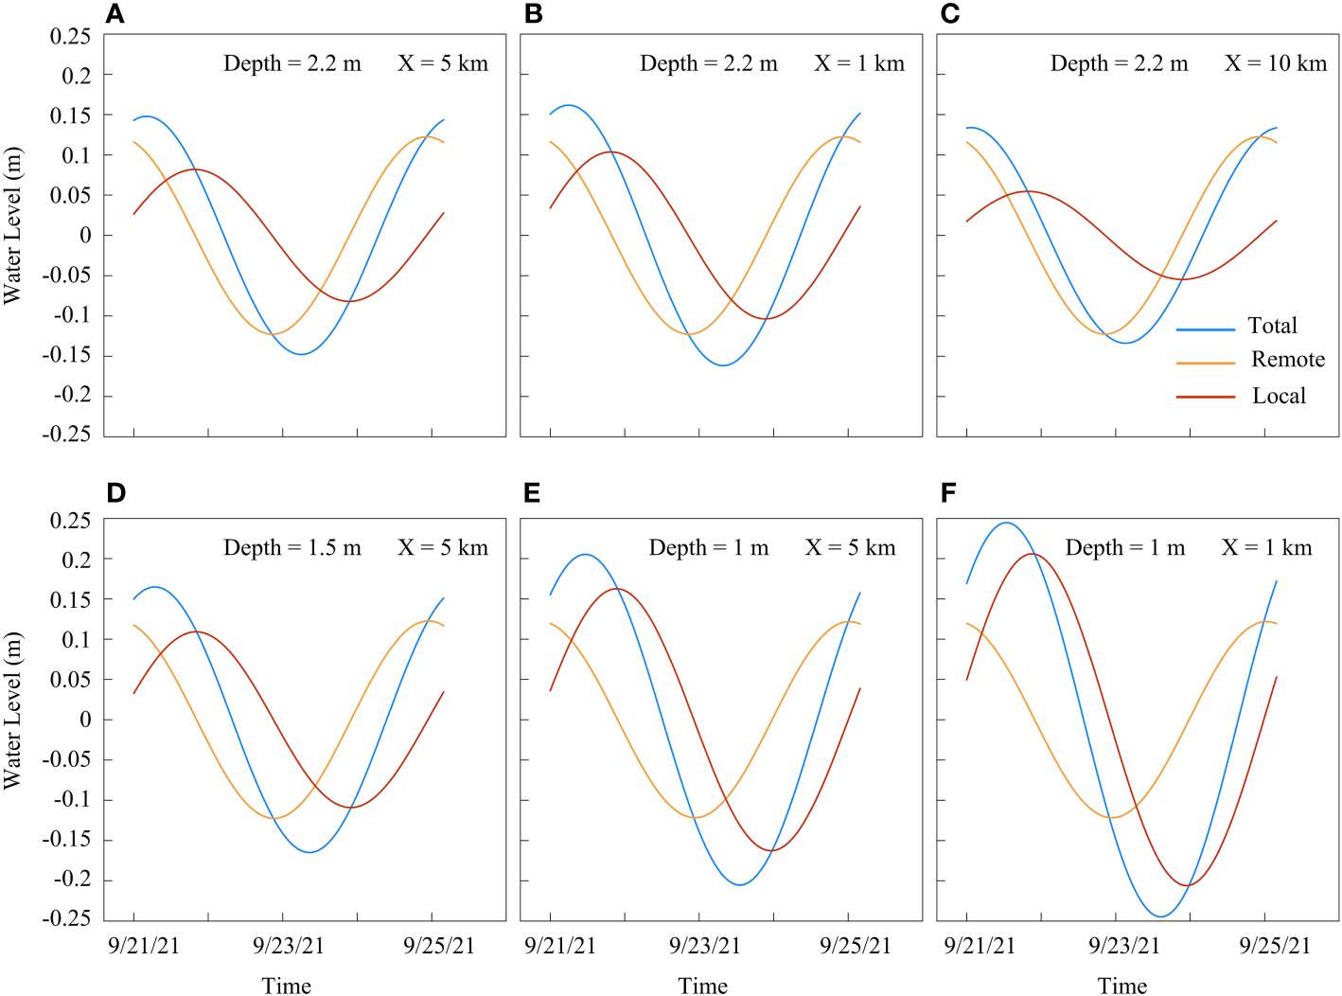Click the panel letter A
(x=115, y=14)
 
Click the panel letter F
(x=948, y=493)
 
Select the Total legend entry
(x=1271, y=326)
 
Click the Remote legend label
(x=1287, y=360)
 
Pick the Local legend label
(x=1278, y=397)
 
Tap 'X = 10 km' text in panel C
(x=1275, y=63)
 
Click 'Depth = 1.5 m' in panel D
(x=291, y=548)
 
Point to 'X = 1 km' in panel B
(x=858, y=63)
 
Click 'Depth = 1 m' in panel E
(x=708, y=548)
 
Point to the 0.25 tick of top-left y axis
(x=70, y=36)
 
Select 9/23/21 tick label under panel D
(x=289, y=946)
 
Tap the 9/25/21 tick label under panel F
(x=1275, y=946)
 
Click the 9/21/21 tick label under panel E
(x=559, y=946)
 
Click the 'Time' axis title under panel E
(x=702, y=986)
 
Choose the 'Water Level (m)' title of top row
(x=12, y=225)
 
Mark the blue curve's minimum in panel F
(x=1161, y=916)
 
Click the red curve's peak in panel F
(x=1033, y=554)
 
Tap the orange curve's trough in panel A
(x=274, y=333)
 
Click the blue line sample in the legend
(x=1205, y=329)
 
